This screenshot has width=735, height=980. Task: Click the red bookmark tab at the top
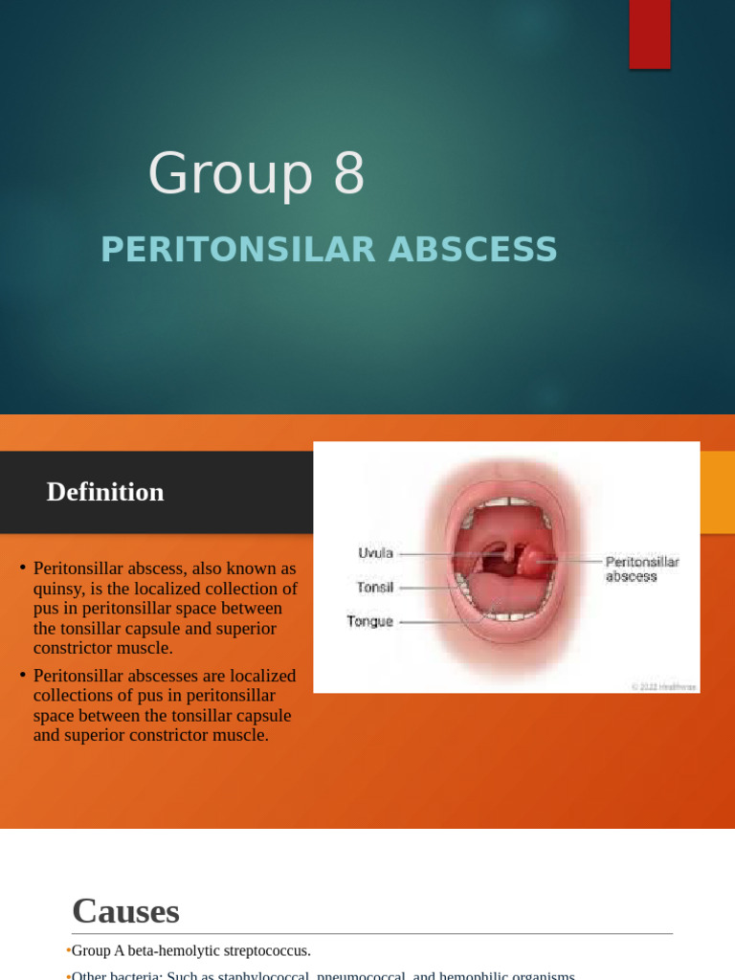click(649, 33)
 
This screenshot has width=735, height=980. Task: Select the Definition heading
click(105, 492)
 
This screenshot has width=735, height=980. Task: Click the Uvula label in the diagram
click(375, 553)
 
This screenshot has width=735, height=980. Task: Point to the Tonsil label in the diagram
click(375, 587)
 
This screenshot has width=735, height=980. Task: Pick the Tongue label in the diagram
click(369, 621)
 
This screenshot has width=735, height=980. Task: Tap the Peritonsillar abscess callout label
click(641, 569)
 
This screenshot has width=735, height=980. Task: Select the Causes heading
click(125, 910)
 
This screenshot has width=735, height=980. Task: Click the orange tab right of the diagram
click(717, 493)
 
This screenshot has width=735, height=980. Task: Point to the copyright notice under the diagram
click(664, 686)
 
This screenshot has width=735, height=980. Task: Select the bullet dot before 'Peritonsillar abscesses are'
click(21, 676)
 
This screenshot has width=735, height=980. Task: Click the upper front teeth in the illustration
click(507, 502)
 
